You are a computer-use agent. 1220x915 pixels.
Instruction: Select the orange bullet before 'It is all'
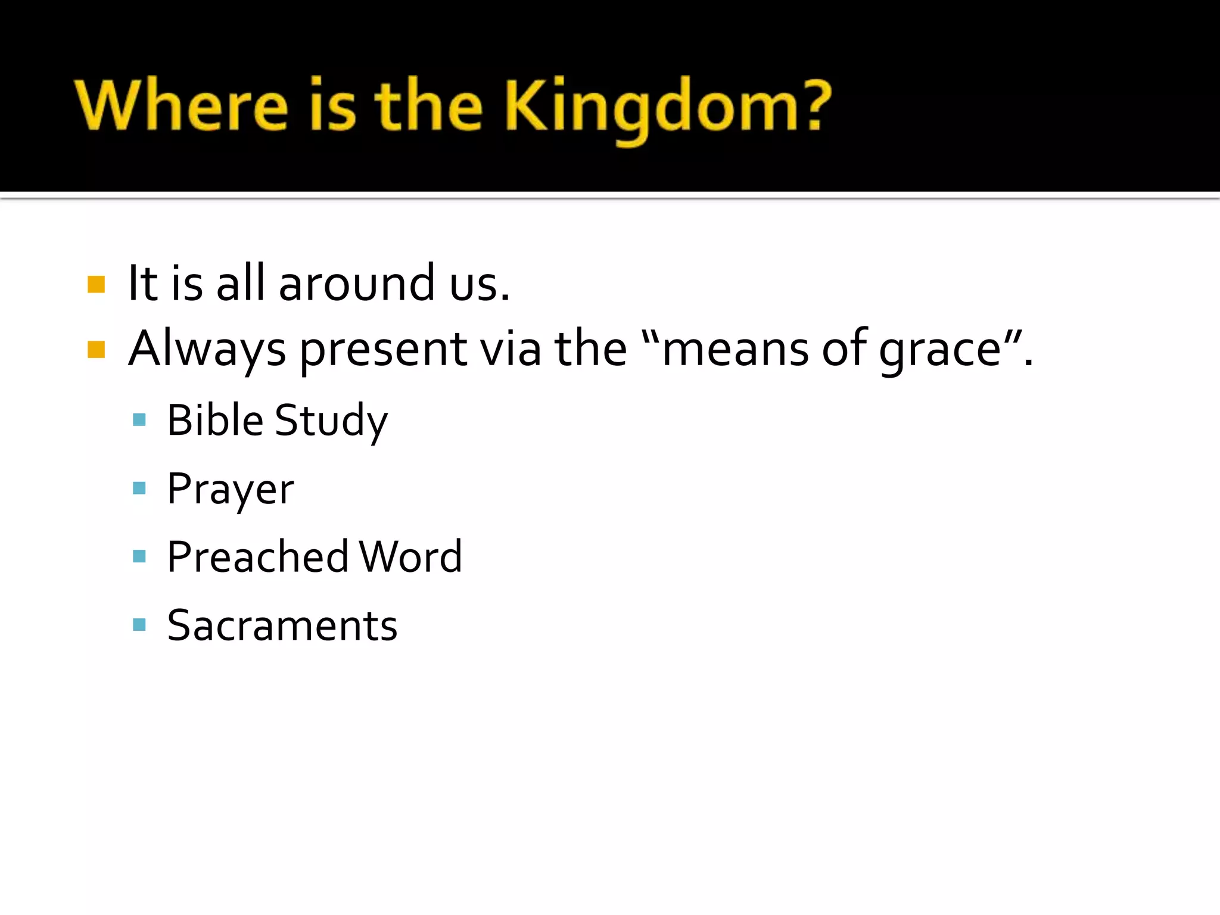pyautogui.click(x=96, y=284)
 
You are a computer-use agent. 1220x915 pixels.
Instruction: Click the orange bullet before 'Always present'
pyautogui.click(x=96, y=349)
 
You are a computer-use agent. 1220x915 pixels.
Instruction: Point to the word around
pyautogui.click(x=356, y=283)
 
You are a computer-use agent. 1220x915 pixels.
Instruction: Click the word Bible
pyautogui.click(x=215, y=420)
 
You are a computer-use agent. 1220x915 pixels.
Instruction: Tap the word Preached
pyautogui.click(x=257, y=557)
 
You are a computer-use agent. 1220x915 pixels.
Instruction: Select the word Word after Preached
pyautogui.click(x=410, y=557)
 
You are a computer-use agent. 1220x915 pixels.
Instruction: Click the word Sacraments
pyautogui.click(x=282, y=625)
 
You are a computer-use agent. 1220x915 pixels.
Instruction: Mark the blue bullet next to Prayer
pyautogui.click(x=139, y=488)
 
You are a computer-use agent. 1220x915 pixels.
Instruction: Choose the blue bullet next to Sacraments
pyautogui.click(x=139, y=624)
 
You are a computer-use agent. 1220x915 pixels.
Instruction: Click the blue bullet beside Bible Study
pyautogui.click(x=139, y=420)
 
